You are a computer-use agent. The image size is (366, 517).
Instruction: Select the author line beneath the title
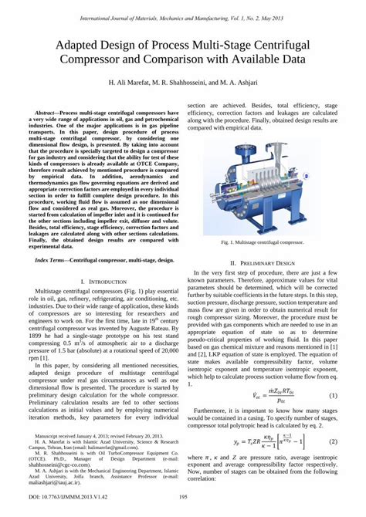tap(183, 81)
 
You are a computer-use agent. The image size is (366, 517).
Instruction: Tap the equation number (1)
tap(333, 396)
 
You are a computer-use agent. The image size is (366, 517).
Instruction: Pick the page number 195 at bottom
tap(183, 498)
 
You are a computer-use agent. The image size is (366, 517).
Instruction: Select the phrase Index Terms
tap(51, 240)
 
